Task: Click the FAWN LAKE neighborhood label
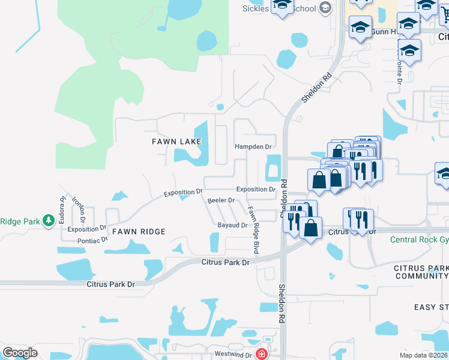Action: click(175, 141)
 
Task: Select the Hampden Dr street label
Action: click(253, 146)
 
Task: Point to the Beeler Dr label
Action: click(220, 200)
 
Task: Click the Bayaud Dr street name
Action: click(232, 226)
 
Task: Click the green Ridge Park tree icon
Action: click(49, 221)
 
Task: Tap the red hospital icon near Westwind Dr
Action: click(261, 354)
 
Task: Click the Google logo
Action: click(20, 353)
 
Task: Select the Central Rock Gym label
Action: click(420, 240)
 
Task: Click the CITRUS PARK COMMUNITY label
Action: click(421, 271)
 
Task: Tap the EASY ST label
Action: click(431, 307)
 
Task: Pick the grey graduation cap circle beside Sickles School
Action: click(325, 8)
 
